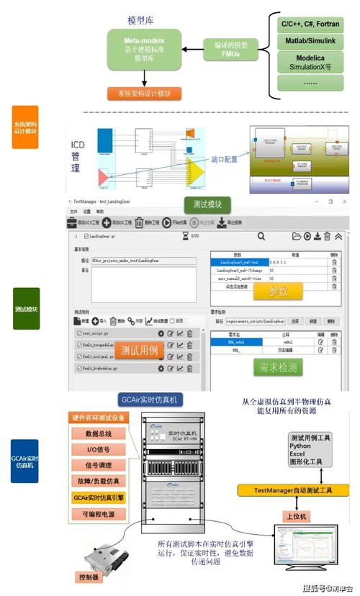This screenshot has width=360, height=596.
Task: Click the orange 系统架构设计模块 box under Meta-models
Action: click(x=145, y=94)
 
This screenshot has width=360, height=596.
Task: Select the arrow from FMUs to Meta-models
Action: click(x=192, y=49)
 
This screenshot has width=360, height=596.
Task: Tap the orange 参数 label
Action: click(x=277, y=292)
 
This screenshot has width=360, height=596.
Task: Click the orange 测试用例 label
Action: click(x=139, y=351)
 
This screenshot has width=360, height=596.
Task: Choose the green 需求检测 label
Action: click(x=278, y=368)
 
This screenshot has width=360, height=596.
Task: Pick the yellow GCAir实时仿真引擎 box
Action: click(x=99, y=497)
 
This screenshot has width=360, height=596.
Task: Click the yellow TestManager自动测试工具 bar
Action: click(x=293, y=490)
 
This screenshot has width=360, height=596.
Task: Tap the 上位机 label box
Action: click(x=297, y=516)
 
